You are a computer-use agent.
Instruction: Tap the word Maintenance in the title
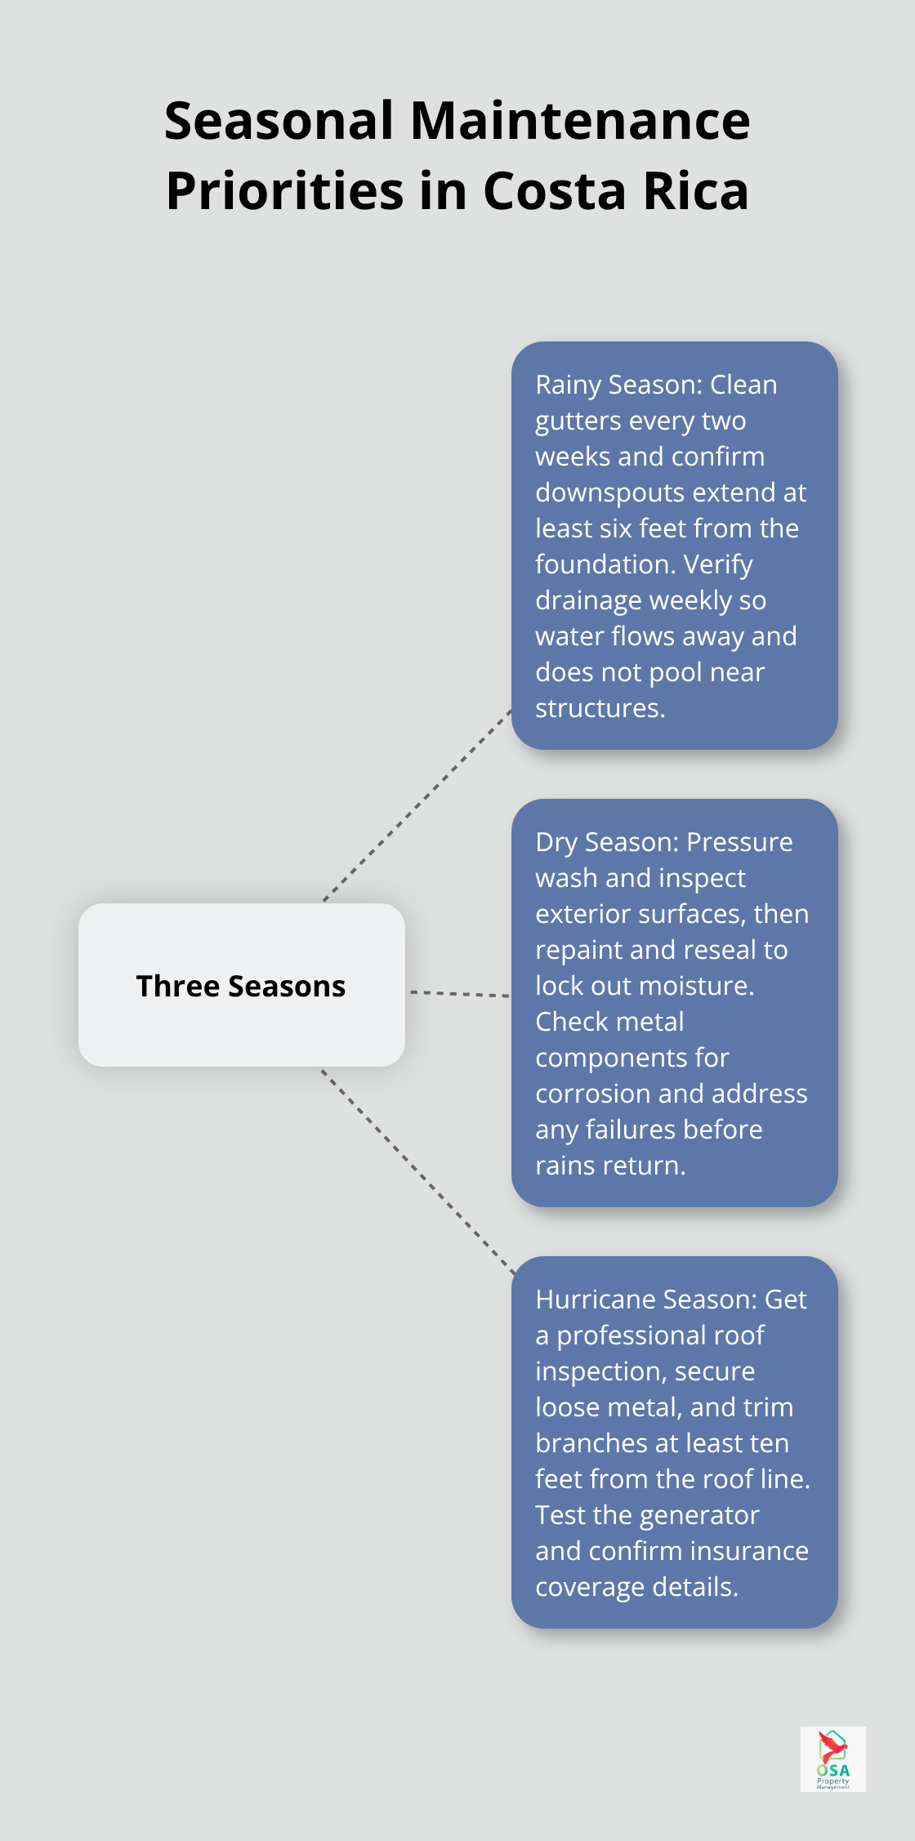580,121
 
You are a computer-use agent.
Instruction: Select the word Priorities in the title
284,191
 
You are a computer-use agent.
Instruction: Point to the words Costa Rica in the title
616,191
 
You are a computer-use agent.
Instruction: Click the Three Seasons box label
241,986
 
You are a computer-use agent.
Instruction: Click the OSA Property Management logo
832,1759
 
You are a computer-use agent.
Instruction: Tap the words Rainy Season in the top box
618,385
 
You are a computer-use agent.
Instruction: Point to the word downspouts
609,493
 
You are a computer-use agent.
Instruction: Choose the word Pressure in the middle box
739,842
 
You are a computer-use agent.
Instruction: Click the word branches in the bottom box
591,1443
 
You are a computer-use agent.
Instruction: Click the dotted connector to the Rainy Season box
417,807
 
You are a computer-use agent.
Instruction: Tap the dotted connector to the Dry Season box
459,994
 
